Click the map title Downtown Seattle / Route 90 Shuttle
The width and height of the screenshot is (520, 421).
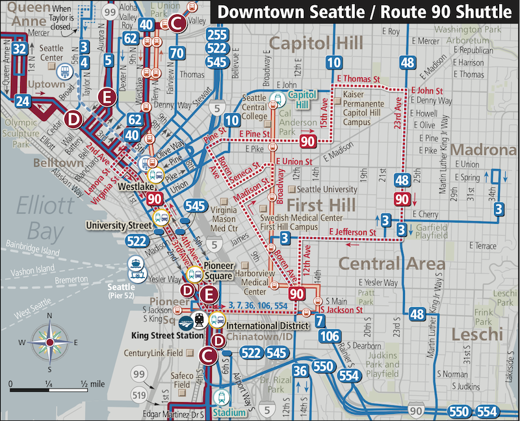tap(364, 12)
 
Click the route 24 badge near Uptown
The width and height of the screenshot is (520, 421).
tap(23, 101)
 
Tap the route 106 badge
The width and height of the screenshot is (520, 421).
tap(330, 336)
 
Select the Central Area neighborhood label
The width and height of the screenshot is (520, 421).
tap(393, 264)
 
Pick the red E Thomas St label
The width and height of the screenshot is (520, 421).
tap(356, 79)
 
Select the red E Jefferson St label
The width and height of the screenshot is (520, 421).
tap(352, 232)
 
